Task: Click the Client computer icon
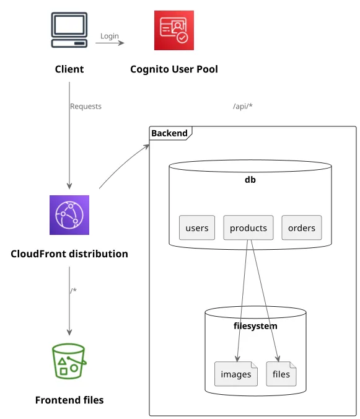69,30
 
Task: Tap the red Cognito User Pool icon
174,30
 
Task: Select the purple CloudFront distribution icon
69,215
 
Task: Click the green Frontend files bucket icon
69,361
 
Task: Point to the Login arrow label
110,36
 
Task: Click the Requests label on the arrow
86,107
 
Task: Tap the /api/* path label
243,106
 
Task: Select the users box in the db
197,227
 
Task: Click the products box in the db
248,227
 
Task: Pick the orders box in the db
302,227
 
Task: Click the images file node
236,374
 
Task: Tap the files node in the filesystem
281,374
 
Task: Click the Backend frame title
169,133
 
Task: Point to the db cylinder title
250,180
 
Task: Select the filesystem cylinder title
255,326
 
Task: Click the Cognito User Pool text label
174,69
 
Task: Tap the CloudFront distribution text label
69,254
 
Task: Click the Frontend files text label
69,400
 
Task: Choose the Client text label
69,69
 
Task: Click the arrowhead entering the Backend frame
147,146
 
